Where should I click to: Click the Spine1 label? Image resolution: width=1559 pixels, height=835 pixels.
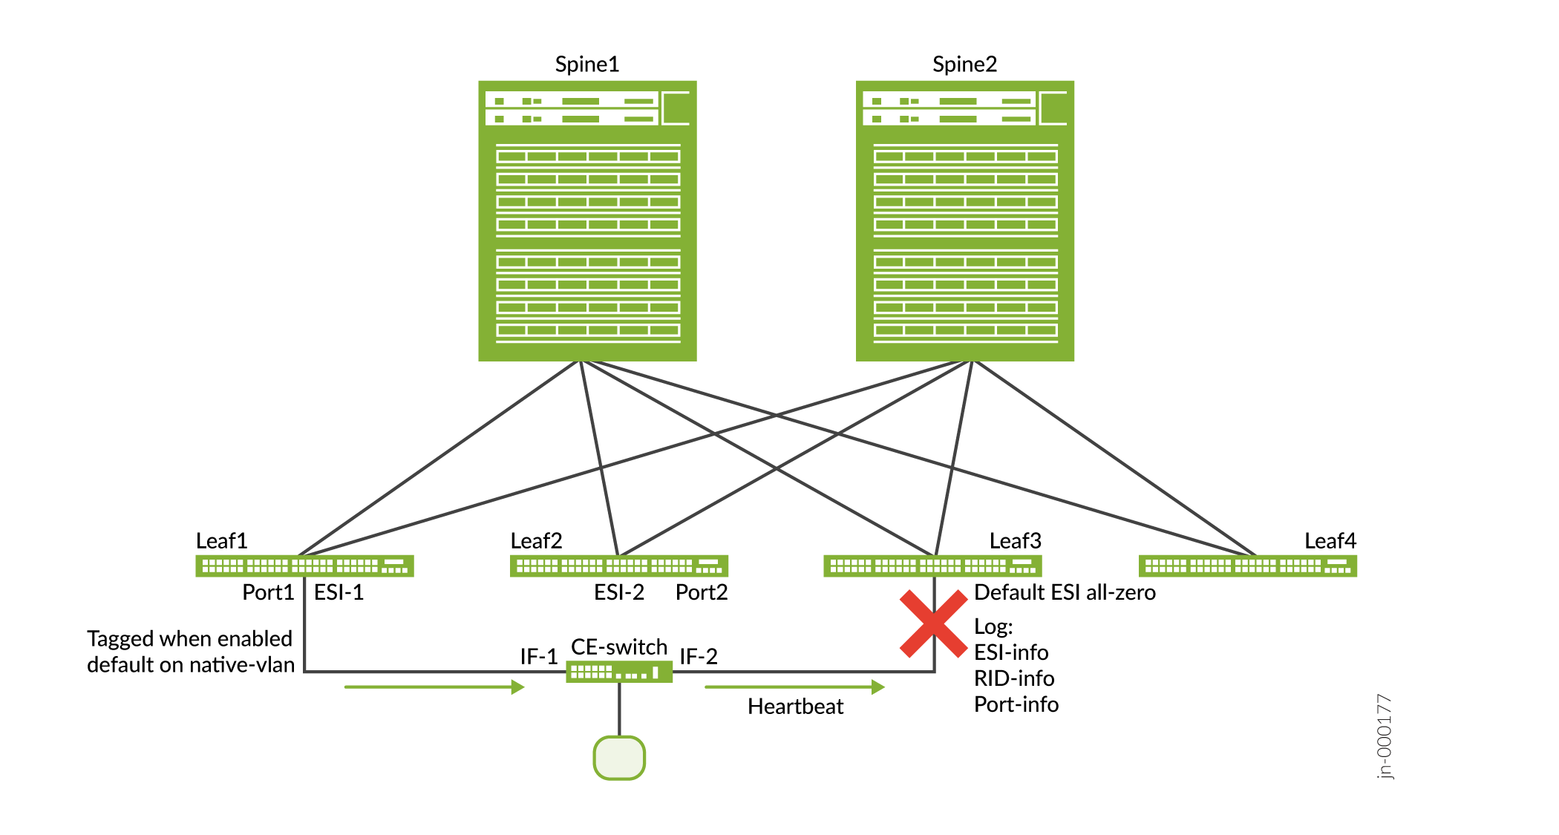[586, 65]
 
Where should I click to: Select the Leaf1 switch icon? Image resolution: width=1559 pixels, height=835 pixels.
[304, 566]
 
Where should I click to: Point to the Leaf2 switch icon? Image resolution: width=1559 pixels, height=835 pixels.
[618, 566]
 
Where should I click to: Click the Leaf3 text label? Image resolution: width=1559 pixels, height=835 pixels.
[1015, 540]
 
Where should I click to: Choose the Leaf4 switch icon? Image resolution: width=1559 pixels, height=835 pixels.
[1247, 566]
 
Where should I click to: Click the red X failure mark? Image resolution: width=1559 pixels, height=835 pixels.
[933, 623]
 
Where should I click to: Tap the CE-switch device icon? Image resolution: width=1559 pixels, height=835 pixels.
[618, 672]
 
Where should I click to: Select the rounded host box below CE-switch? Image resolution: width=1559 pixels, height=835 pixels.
[619, 758]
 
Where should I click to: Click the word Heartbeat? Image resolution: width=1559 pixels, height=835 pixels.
[795, 706]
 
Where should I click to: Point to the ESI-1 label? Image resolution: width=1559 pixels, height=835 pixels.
[339, 592]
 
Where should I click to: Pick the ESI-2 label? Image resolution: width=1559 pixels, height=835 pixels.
[619, 592]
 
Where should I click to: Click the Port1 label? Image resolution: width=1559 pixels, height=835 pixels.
[268, 592]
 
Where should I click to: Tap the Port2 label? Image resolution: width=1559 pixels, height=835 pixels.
[702, 592]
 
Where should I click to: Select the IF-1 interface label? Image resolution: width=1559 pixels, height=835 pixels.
[538, 656]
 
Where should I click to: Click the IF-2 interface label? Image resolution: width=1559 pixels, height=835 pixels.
[699, 656]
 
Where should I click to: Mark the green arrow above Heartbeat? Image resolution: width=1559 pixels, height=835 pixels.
[794, 687]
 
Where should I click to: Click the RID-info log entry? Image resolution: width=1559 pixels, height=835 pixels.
[1014, 678]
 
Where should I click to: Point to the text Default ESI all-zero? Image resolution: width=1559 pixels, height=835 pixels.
[1065, 592]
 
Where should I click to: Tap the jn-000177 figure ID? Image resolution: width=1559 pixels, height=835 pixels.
[1385, 736]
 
